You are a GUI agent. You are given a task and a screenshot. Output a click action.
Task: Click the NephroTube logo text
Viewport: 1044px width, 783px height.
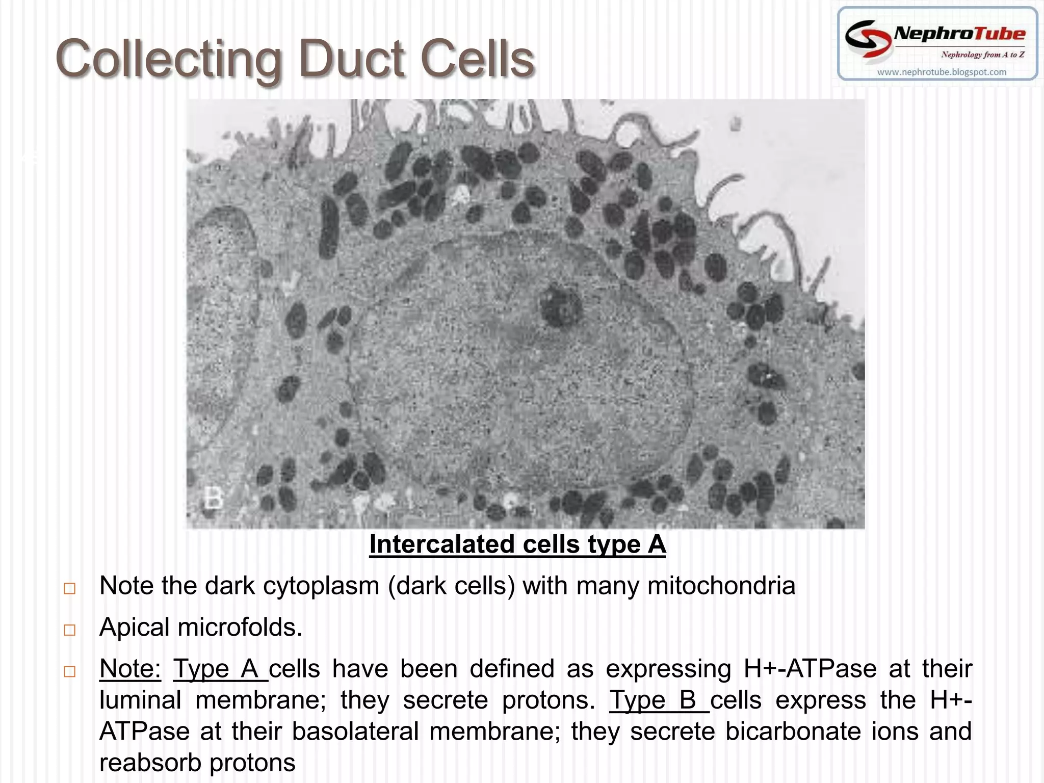coord(959,34)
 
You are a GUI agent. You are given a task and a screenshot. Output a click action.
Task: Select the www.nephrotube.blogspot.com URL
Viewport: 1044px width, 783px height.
coord(942,72)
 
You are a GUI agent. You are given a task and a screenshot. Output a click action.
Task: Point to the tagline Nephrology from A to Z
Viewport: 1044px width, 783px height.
coord(982,55)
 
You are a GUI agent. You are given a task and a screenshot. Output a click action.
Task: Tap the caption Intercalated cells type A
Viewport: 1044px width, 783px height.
coord(517,544)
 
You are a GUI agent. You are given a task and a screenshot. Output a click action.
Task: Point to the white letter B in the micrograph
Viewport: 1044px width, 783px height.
coord(213,498)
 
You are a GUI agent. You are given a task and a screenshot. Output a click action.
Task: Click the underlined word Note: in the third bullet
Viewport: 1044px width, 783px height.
coord(130,669)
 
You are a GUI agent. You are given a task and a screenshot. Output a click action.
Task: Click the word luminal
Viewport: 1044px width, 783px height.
coord(140,700)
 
